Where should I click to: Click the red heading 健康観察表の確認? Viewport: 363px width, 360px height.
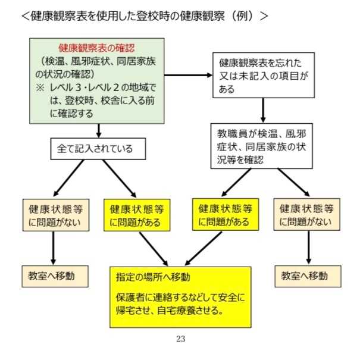[x=96, y=47]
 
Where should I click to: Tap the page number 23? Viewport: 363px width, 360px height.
[x=180, y=339]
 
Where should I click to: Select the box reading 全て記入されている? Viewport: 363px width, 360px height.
[x=98, y=149]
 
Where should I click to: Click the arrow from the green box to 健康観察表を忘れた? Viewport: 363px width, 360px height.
[x=187, y=75]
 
